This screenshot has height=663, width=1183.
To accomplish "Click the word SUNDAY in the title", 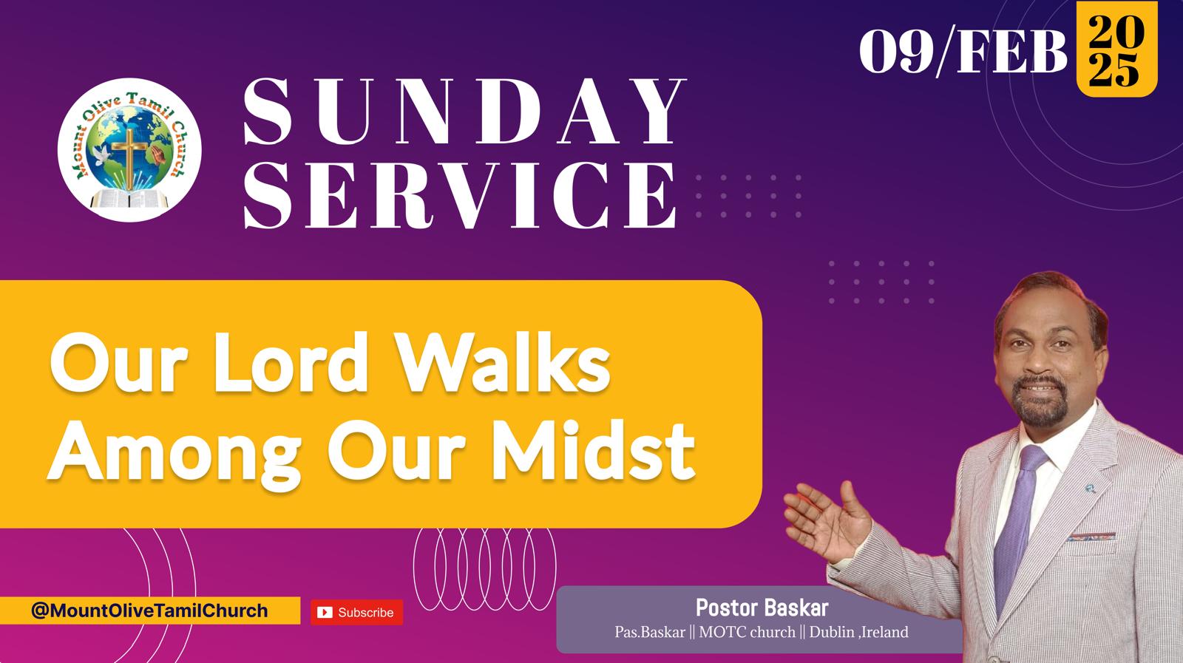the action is tap(465, 112).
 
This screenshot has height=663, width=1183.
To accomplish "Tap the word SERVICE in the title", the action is tap(460, 195).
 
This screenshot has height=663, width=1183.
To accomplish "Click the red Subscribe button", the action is tap(356, 612).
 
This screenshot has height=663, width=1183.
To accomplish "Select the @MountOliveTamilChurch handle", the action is tap(149, 611).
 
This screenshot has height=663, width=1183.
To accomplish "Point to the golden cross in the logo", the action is tap(129, 157).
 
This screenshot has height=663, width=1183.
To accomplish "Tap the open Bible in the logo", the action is tap(129, 200).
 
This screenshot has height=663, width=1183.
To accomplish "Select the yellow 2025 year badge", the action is tap(1117, 49).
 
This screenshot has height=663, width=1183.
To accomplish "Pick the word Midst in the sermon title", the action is tap(594, 452).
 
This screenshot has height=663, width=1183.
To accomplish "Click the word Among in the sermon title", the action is tap(174, 455).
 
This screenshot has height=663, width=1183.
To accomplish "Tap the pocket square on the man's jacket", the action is tap(1091, 537).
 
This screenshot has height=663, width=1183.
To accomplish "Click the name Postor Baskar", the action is tap(762, 608).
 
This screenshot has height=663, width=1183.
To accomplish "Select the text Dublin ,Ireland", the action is tap(858, 632).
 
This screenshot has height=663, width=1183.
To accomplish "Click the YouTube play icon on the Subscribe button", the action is tap(325, 612).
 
